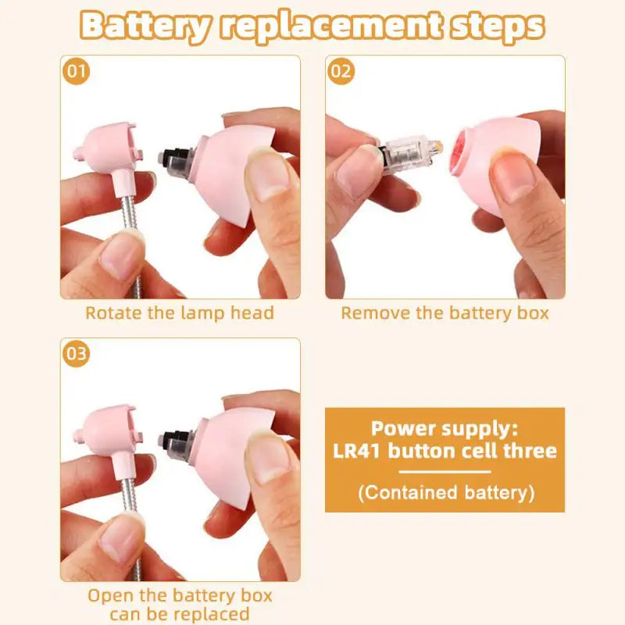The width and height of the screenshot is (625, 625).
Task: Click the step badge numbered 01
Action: (x=77, y=72)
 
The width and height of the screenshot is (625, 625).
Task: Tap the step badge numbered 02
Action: (x=341, y=72)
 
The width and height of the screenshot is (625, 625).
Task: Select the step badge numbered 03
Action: (x=77, y=354)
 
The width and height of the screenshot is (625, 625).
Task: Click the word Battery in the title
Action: (x=145, y=26)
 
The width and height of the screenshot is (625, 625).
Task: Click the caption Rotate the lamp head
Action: (x=180, y=313)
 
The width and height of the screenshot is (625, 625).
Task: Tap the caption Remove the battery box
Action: (x=445, y=313)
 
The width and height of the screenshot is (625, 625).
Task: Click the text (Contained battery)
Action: (x=445, y=493)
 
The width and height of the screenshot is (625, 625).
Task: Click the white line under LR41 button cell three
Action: (x=445, y=472)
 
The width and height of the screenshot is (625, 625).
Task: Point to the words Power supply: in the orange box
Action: (x=445, y=428)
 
